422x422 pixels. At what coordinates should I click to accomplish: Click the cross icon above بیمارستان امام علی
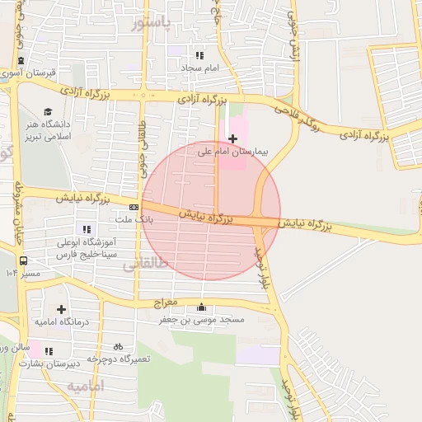232,138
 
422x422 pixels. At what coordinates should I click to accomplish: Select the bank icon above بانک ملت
134,207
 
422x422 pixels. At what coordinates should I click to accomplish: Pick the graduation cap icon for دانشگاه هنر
49,111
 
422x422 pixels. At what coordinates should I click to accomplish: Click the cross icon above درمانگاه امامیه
62,308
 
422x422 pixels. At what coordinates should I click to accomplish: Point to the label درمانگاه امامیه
62,321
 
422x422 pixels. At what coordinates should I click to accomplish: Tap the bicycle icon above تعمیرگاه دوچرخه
118,347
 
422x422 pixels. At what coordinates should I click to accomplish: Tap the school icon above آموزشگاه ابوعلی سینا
86,229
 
